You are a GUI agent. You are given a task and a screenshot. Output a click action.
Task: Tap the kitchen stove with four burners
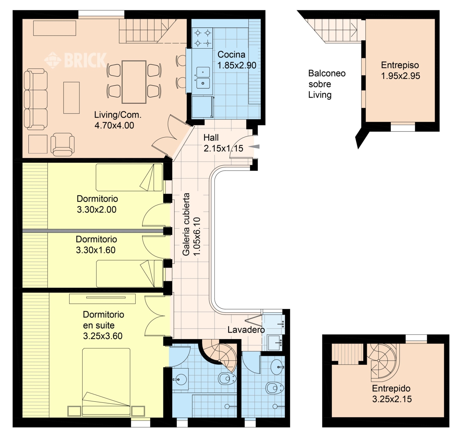coord(202,38)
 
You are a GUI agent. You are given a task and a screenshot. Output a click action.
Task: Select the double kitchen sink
coord(203,78)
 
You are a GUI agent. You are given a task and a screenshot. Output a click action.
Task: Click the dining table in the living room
coord(134,82)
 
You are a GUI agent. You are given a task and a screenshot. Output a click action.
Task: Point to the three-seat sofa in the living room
coord(36,99)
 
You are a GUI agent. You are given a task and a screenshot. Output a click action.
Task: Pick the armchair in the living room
coord(62,144)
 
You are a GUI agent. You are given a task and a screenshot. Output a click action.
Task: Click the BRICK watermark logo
coord(75,60)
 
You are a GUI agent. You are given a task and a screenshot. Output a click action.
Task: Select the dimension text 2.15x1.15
coord(223,148)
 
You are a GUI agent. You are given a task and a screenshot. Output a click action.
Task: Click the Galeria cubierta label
coord(186,224)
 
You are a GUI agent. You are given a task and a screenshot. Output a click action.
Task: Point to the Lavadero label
coord(246,330)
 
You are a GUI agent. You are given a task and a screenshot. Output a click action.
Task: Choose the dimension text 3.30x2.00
coord(97,209)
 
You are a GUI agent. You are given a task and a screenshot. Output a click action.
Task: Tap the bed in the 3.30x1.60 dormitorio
coord(129,273)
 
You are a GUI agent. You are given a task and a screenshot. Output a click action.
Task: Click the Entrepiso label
coord(400,65)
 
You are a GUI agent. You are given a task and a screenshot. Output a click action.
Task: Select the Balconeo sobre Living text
coord(327,84)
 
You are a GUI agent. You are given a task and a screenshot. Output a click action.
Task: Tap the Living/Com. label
coord(118,115)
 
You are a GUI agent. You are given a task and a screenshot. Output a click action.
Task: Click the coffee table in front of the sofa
coord(71,98)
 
